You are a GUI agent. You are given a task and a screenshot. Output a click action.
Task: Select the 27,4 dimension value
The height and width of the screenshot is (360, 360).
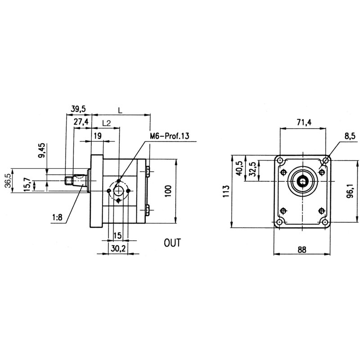tap(81, 122)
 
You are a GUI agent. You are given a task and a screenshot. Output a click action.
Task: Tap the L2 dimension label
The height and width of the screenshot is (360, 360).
tap(107, 122)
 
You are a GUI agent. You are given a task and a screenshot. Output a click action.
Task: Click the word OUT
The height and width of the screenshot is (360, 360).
tap(172, 243)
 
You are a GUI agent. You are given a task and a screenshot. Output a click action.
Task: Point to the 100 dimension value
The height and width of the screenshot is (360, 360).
tap(168, 191)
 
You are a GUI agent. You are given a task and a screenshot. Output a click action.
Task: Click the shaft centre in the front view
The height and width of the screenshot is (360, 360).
tap(302, 181)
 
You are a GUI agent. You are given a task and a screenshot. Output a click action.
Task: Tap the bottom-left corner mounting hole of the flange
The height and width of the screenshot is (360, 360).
tap(280, 223)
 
